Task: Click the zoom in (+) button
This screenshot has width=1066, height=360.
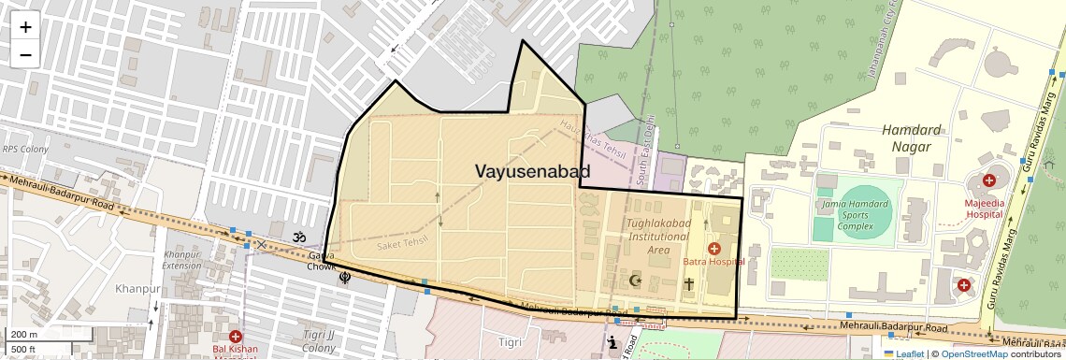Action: point(25,27)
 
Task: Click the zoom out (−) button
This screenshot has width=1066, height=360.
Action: point(25,54)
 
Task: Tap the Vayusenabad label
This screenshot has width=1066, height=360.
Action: point(533,171)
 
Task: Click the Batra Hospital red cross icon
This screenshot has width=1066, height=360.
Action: point(714,248)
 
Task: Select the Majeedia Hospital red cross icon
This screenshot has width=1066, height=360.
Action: point(988,180)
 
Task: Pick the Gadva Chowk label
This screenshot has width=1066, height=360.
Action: point(321,261)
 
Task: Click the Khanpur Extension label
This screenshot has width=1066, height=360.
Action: point(181,259)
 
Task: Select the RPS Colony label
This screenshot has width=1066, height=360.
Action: point(24,149)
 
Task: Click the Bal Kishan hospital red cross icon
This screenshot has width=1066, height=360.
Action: point(235,337)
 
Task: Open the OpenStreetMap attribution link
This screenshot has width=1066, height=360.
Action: point(973,353)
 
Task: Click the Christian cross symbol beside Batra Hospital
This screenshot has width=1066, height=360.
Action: point(689,283)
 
